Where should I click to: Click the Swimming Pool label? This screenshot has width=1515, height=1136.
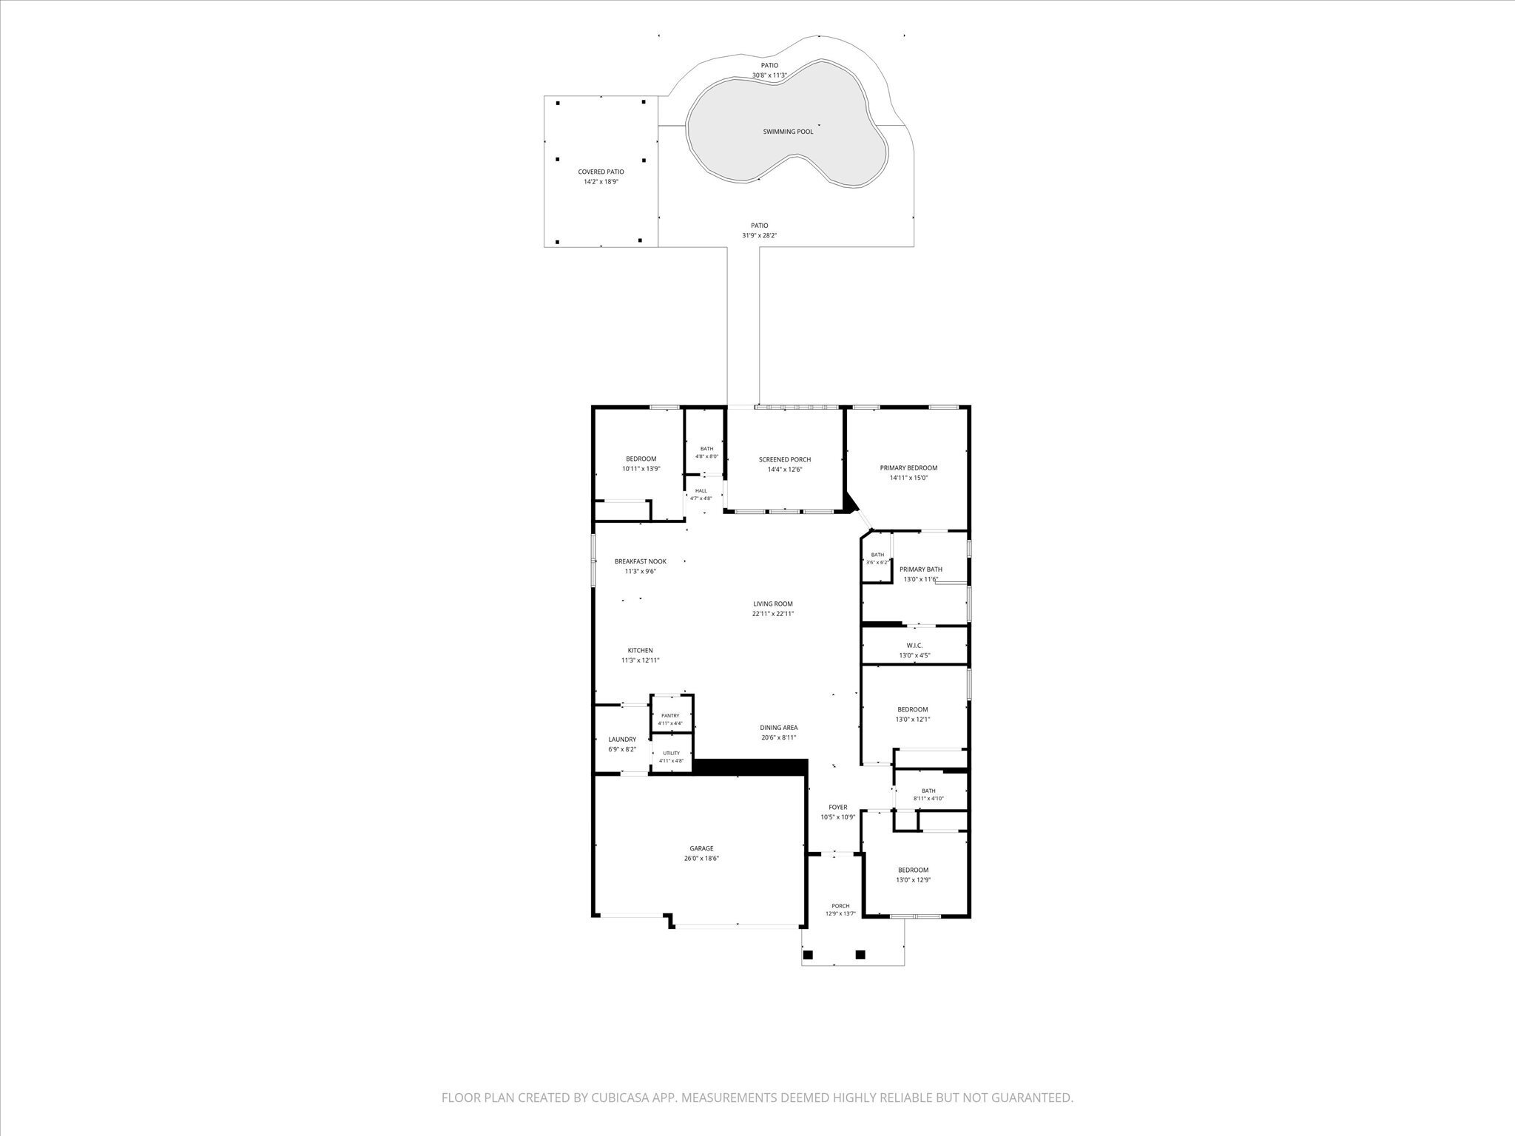point(788,132)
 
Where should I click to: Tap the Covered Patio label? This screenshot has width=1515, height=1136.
point(601,172)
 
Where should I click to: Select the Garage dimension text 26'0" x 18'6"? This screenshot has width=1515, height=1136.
point(701,859)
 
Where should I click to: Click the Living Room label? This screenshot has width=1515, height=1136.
point(773,603)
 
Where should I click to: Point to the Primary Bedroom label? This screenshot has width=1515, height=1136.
point(908,467)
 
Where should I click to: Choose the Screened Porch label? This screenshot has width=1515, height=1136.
point(785,459)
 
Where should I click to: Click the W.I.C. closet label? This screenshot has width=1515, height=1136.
point(914,646)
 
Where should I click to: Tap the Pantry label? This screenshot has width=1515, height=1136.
point(670,715)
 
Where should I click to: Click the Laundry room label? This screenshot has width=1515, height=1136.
point(622,740)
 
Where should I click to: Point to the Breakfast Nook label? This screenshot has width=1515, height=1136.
point(641,561)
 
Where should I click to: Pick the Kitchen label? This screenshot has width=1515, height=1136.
point(641,651)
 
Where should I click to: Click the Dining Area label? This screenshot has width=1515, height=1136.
point(779,728)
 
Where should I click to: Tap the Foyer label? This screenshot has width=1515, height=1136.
point(838,807)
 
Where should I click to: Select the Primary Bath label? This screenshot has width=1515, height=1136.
point(921,569)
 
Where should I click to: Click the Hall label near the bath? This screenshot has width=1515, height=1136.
point(701,490)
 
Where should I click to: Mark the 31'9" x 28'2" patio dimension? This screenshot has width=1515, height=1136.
point(760,236)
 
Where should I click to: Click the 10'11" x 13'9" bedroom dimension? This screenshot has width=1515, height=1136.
point(641,469)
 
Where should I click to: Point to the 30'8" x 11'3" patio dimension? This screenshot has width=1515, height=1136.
point(769,75)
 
